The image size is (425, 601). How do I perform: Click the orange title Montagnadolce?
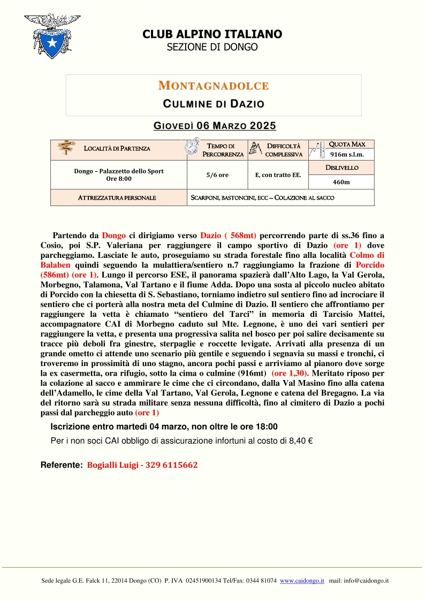214,86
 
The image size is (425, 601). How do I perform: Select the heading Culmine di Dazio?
214,103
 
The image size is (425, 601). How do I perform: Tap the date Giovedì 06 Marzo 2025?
215,126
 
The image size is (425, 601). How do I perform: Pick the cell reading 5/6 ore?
217,175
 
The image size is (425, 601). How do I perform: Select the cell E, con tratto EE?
278,175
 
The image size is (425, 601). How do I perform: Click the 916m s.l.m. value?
347,155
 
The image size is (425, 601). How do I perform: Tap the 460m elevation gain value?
341,182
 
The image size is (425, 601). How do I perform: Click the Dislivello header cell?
341,168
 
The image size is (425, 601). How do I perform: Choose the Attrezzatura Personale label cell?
117,197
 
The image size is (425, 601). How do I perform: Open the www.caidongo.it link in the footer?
302,581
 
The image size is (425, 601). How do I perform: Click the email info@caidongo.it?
366,581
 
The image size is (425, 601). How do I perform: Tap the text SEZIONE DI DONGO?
212,47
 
